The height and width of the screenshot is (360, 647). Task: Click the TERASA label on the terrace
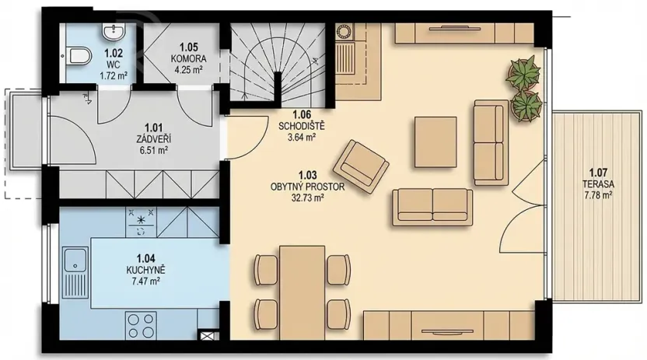pyautogui.click(x=598, y=183)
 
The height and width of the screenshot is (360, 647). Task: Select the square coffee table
pyautogui.click(x=435, y=141)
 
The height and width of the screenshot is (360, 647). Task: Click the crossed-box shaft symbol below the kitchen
pyautogui.click(x=209, y=337)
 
